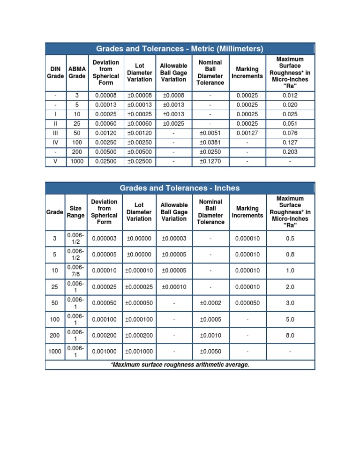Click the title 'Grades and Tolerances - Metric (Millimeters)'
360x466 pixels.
180,49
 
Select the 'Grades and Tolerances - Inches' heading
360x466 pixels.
180,188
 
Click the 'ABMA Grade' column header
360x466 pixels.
77,72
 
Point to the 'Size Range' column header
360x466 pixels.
75,212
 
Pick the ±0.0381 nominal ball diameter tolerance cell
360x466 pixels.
210,143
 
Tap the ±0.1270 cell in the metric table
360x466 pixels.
210,161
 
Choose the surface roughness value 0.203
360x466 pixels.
290,152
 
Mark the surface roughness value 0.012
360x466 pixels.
290,96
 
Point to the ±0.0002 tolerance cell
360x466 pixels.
210,303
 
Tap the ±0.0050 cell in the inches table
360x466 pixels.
210,352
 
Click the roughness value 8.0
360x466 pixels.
290,336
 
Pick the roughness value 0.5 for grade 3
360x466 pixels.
290,239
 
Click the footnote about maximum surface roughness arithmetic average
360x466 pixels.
180,364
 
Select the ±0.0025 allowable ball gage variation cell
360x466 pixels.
173,124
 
